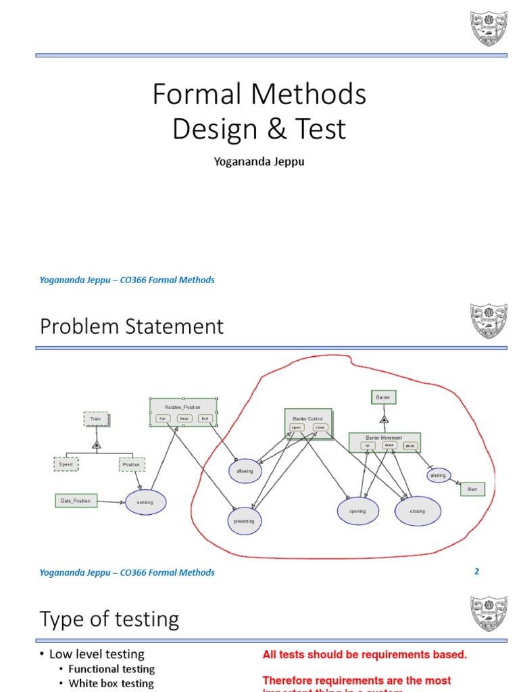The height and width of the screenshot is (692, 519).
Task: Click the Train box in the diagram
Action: pos(96,419)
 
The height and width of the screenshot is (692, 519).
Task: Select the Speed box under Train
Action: pos(66,464)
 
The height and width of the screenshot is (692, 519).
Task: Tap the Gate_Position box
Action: pos(76,501)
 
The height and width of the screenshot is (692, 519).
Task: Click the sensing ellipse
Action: pos(145,502)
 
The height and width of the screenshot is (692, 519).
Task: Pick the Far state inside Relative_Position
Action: pos(162,418)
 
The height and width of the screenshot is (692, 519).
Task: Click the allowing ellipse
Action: pos(245,470)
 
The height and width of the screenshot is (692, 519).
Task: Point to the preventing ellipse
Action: pos(245,521)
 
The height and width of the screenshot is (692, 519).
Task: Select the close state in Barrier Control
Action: pos(320,427)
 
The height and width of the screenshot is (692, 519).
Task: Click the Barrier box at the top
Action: pos(383,397)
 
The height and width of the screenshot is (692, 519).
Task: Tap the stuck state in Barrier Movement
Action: pos(410,445)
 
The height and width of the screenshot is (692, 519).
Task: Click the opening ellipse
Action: pos(357,511)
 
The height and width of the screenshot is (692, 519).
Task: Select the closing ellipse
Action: pos(418,511)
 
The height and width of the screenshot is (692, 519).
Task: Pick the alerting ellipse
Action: pos(438,476)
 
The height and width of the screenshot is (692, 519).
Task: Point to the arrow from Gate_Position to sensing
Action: pos(112,501)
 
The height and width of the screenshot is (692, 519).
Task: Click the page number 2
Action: pos(476,571)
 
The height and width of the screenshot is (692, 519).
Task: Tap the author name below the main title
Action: pos(259,162)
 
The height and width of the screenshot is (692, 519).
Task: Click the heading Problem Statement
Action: pos(132,326)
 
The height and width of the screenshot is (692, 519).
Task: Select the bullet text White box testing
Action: pos(111,683)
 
